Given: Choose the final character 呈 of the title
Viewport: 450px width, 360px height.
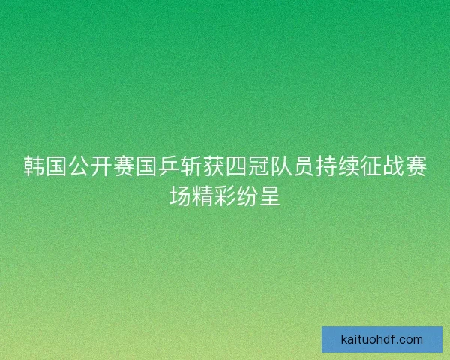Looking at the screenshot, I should [x=266, y=196].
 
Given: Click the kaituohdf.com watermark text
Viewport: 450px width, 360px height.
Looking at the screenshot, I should [x=382, y=339].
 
